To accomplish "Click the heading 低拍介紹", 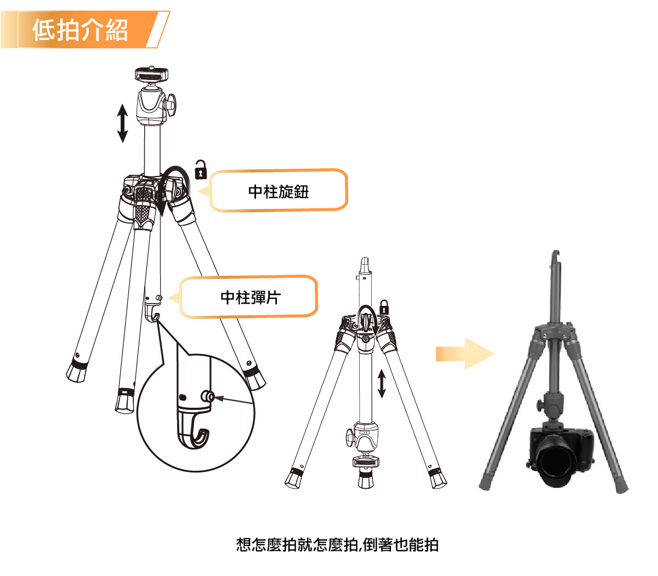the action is (80, 30).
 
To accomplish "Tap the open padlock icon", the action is (201, 169).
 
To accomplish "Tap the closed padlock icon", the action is (384, 307).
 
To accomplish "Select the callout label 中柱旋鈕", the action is (279, 192).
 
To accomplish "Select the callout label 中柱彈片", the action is (251, 298).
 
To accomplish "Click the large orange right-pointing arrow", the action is (465, 353).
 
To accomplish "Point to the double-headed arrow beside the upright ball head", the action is (122, 123).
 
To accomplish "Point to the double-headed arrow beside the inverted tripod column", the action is (382, 384).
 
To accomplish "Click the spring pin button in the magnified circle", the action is (208, 397).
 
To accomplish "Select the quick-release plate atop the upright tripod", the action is (151, 74).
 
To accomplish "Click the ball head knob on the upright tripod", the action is (171, 104).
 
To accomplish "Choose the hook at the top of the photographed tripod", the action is (555, 257).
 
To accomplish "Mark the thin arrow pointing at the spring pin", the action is (234, 401).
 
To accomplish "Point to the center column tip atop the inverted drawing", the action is (365, 265).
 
